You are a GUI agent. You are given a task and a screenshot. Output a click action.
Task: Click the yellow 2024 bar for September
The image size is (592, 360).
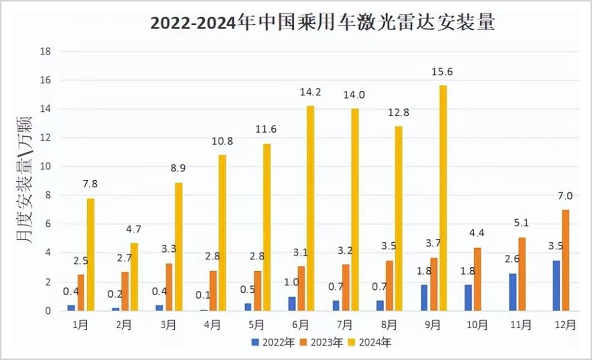443,198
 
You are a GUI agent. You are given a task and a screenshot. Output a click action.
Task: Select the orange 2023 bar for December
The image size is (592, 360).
566,260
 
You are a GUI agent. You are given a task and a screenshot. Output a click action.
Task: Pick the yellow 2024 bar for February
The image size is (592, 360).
134,277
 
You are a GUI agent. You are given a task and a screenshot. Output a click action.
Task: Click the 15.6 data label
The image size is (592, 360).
442,72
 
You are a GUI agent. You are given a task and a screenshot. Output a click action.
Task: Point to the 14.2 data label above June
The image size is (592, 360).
310,93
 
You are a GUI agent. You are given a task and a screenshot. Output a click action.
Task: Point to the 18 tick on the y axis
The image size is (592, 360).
45,52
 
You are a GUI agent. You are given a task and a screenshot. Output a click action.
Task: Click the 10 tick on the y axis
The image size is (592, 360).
45,167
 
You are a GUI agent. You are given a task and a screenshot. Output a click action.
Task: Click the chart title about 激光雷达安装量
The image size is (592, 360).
322,22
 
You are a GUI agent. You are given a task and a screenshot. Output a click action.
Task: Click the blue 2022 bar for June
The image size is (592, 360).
292,304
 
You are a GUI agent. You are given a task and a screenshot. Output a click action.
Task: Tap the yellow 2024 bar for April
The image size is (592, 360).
223,233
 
